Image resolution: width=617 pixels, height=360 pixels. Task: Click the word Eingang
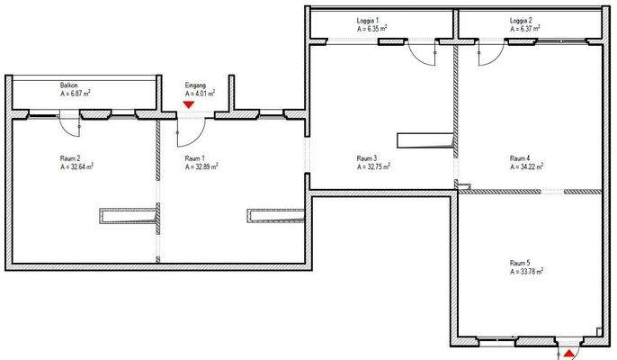tap(195, 85)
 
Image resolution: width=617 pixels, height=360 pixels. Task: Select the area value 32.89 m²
tap(201, 166)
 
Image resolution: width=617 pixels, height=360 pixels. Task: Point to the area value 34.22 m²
tap(526, 166)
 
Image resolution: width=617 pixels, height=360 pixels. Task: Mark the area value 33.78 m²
tap(526, 271)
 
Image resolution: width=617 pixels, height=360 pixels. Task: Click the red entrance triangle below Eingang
tap(188, 104)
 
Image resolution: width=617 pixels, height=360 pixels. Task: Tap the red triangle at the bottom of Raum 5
tap(568, 355)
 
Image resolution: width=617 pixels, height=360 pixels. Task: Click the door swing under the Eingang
tap(189, 132)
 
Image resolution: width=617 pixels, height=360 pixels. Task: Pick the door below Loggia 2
tap(483, 53)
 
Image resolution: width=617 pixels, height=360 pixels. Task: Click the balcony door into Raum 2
tap(70, 121)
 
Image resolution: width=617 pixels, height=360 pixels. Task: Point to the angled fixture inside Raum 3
tap(424, 140)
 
